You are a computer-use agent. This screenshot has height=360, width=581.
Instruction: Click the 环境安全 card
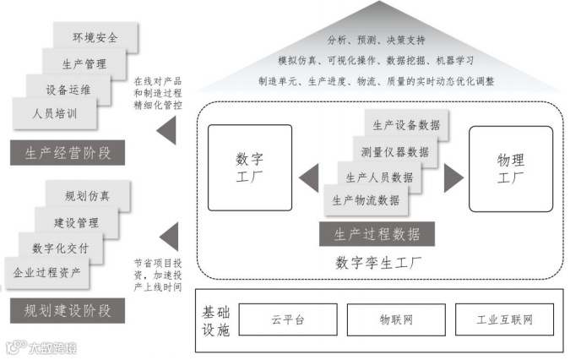pyautogui.click(x=95, y=37)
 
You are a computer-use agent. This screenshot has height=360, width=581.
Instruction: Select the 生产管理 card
pyautogui.click(x=82, y=63)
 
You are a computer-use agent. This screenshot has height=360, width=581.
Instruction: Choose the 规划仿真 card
pyautogui.click(x=87, y=196)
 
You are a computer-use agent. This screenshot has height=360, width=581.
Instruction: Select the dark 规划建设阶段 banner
pyautogui.click(x=68, y=310)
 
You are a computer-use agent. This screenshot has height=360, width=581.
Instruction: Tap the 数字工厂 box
pyautogui.click(x=250, y=167)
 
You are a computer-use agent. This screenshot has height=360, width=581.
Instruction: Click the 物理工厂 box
pyautogui.click(x=511, y=167)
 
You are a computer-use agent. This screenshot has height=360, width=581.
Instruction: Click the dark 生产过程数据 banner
pyautogui.click(x=376, y=234)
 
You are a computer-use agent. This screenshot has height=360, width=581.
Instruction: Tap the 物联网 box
pyautogui.click(x=396, y=319)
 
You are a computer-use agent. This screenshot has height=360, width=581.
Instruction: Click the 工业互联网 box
pyautogui.click(x=504, y=319)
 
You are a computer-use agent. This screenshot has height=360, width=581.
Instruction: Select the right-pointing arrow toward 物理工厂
pyautogui.click(x=453, y=178)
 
